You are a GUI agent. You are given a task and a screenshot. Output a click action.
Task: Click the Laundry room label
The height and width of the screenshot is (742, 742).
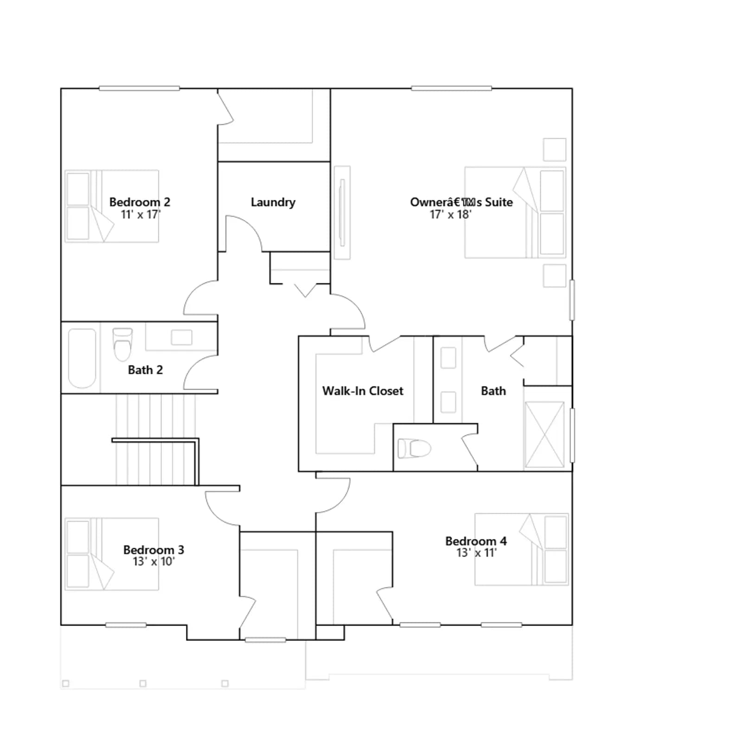click(273, 203)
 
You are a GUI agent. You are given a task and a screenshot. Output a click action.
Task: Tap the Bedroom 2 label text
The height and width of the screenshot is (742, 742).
click(140, 202)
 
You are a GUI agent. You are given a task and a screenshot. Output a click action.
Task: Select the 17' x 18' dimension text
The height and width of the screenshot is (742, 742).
click(450, 214)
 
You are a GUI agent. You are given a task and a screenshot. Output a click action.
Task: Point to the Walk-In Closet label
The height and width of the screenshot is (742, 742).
click(363, 391)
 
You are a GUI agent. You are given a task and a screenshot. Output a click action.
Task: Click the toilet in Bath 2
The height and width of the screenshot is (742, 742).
click(123, 344)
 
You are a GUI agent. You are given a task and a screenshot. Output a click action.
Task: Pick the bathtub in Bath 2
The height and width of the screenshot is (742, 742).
click(82, 358)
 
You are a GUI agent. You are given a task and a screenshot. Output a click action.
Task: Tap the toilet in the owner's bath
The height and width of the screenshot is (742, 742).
click(414, 448)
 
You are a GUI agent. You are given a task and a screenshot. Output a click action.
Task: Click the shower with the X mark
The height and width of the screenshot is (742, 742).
click(544, 435)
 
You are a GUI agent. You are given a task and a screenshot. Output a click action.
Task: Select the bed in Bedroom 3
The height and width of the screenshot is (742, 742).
click(112, 554)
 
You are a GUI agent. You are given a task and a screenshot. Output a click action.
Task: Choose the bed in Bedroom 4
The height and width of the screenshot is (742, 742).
click(522, 549)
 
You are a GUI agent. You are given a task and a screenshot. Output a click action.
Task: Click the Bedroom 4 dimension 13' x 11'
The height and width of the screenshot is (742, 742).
click(476, 553)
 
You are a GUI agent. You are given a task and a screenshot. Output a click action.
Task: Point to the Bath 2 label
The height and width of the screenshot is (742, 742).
click(145, 370)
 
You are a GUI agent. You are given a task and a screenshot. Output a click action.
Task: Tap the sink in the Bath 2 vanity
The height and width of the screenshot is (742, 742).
click(181, 337)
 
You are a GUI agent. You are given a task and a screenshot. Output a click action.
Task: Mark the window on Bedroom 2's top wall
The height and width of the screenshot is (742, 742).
click(139, 88)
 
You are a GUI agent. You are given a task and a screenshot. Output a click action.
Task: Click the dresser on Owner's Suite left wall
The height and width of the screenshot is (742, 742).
click(342, 212)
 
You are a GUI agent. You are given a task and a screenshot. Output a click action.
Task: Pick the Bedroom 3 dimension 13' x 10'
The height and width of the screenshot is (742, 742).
click(154, 562)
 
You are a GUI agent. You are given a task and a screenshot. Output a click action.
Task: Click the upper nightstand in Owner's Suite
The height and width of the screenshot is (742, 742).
click(555, 149)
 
